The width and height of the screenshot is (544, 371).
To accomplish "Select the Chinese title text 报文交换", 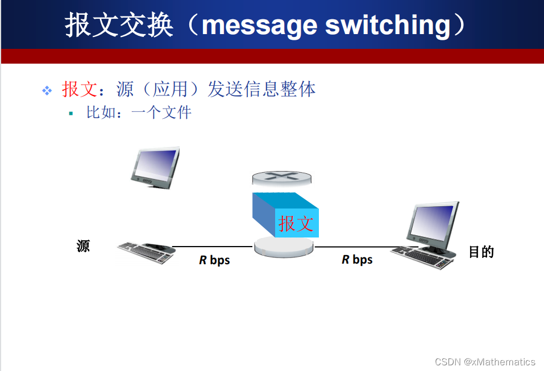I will coord(119,25).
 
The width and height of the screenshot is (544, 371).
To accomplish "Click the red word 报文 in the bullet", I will coord(80,89).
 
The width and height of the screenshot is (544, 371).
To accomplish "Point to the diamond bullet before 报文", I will coord(47,90).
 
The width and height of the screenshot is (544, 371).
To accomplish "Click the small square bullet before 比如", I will coord(71,113).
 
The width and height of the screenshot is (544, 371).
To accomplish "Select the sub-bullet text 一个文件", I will coord(161,112).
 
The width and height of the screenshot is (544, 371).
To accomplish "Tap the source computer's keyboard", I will coord(146,252).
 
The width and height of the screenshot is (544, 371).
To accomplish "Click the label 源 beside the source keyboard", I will coord(83,246).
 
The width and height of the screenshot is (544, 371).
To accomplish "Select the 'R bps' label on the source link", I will coord(214,260).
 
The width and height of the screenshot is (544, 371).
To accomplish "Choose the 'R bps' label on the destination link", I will coord(357,260).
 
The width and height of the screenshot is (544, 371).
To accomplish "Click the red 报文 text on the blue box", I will coord(296,223).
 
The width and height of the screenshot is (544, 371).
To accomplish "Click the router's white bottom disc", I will coord(284,247).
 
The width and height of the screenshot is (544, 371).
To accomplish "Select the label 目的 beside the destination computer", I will coord(481,252).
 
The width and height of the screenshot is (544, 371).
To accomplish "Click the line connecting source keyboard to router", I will coord(213,247).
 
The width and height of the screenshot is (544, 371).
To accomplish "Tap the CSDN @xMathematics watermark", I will coord(485,362).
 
